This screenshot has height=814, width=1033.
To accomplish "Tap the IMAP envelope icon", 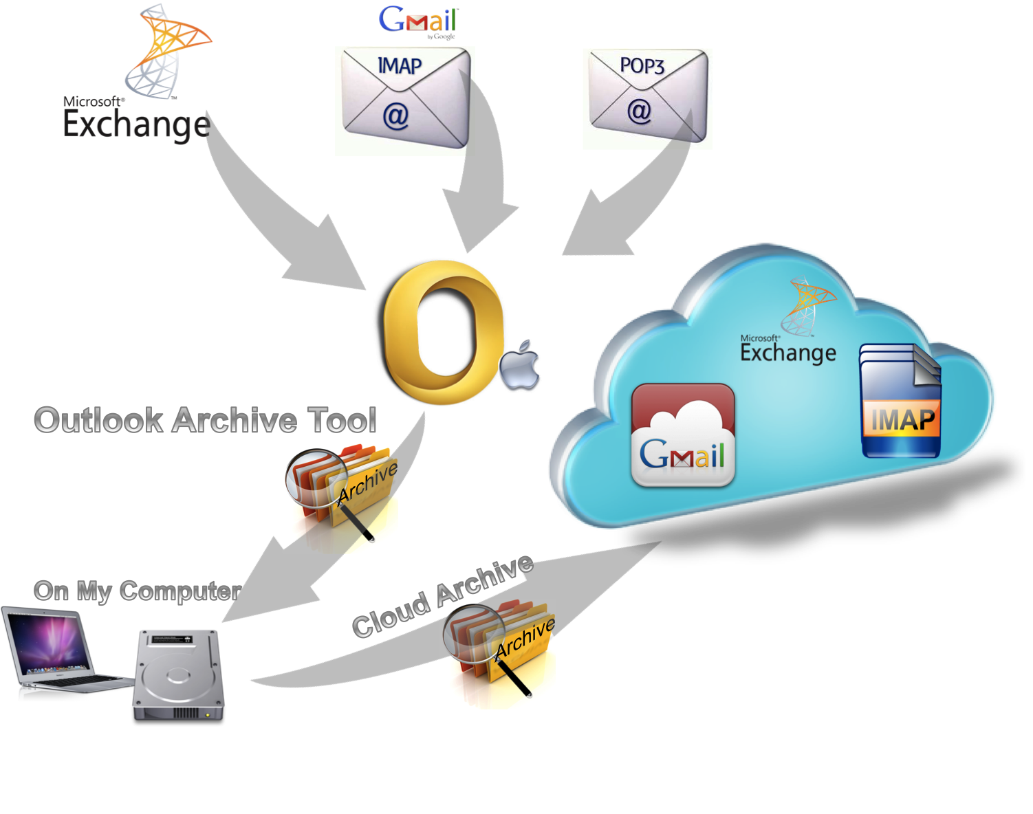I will pos(406,98).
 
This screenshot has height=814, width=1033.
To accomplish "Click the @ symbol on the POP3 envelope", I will pos(639,111).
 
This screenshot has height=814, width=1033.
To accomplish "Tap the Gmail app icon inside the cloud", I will pos(683,435).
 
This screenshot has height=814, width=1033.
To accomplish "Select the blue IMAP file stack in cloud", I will pos(900,402).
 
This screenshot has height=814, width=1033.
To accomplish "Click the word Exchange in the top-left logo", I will pos(135,124).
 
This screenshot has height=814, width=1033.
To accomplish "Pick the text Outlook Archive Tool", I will pos(205,420).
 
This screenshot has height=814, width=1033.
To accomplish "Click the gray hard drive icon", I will pos(178,677).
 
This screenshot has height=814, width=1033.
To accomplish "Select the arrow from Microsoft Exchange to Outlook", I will pos(275,213).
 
